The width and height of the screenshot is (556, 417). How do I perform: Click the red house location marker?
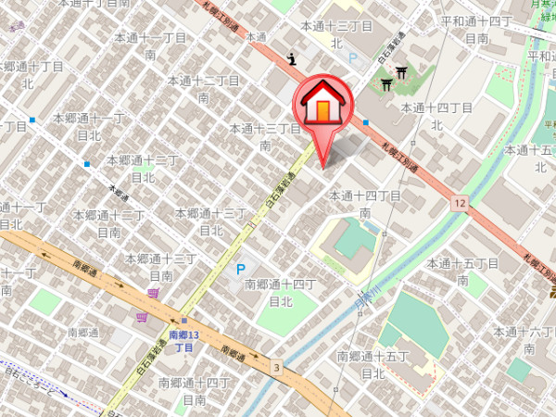tap(322, 107)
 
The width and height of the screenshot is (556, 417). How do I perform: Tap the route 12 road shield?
tap(461, 202)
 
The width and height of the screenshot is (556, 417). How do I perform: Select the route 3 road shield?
tap(275, 368)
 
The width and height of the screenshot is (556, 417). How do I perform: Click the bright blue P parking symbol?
tap(241, 270)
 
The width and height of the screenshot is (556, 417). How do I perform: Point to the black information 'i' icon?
tap(293, 58)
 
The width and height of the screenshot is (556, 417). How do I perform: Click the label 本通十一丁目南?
tap(150, 46)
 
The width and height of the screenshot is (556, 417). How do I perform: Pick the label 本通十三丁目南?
tap(265, 136)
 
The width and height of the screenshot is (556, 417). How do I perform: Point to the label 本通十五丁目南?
tap(462, 272)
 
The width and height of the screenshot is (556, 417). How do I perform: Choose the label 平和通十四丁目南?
tap(476, 29)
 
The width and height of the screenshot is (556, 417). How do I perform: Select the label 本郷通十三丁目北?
tap(211, 221)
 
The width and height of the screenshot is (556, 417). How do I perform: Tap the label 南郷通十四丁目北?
tap(281, 292)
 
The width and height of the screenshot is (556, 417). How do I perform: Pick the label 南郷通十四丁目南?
tap(194, 390)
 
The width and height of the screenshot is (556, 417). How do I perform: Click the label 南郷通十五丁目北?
tap(373, 364)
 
